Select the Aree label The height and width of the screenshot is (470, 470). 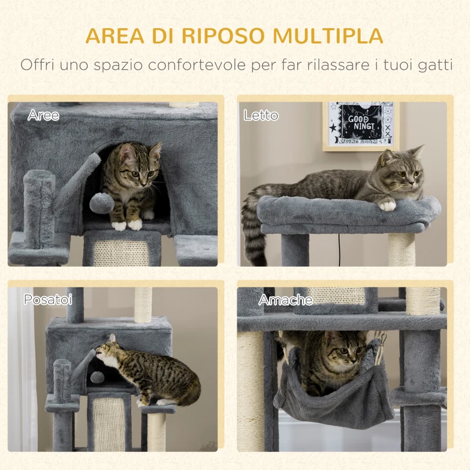tap(43, 116)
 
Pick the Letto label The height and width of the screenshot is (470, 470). tap(261, 116)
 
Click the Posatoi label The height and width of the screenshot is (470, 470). tap(48, 300)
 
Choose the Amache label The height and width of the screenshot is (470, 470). tap(286, 300)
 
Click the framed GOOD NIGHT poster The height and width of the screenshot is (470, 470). tap(360, 125)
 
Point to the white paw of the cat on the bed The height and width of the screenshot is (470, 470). tap(386, 204)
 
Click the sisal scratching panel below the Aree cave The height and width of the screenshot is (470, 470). tap(122, 251)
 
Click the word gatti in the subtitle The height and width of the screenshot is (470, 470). tap(432, 65)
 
